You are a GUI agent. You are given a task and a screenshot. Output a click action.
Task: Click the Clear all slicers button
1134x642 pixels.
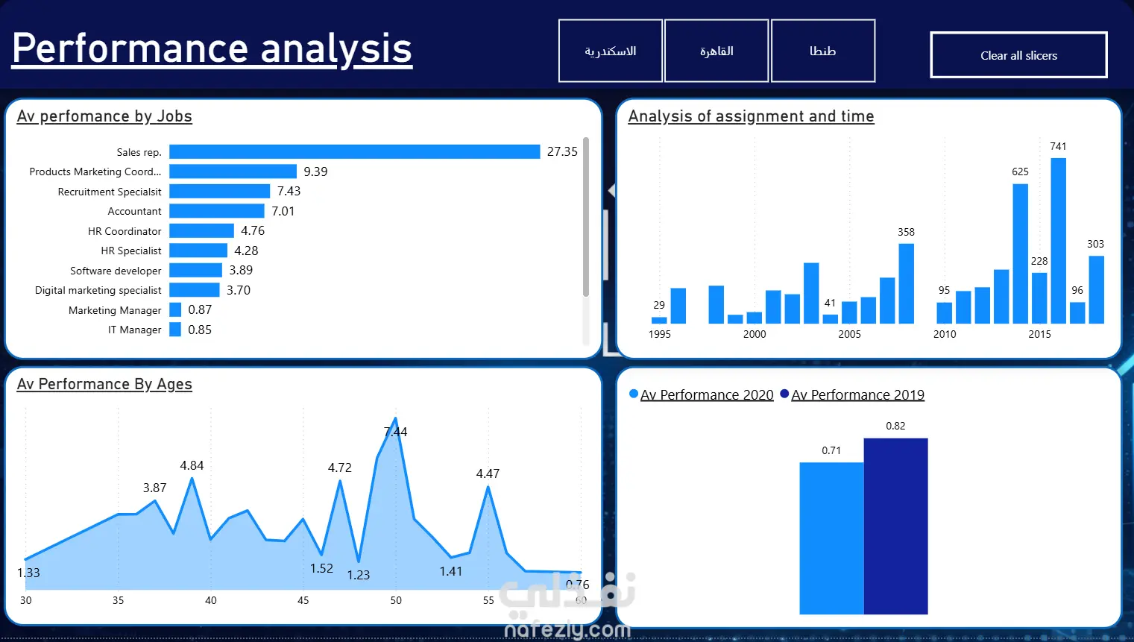click(x=1018, y=55)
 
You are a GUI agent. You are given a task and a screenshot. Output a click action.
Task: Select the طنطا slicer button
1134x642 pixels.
click(x=823, y=51)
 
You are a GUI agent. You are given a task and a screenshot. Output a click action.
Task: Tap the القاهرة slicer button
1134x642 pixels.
click(x=716, y=51)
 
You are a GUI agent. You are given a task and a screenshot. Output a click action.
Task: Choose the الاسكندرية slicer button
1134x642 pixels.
click(x=611, y=51)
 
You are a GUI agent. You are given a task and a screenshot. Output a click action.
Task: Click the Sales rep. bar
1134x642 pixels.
click(x=354, y=151)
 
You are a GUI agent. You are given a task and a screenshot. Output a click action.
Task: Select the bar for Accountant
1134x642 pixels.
click(x=217, y=210)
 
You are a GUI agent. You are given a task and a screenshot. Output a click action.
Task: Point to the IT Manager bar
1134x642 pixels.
click(x=175, y=330)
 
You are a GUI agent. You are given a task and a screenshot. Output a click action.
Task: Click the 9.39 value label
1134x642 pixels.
click(x=315, y=171)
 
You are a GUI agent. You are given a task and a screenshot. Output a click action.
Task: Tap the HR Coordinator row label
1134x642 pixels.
click(x=125, y=231)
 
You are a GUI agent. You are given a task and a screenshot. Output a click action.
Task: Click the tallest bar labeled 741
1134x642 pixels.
click(x=1058, y=241)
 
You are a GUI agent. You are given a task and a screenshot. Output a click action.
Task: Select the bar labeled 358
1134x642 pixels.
click(x=906, y=283)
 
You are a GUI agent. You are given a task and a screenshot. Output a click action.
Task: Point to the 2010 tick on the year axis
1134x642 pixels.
click(x=945, y=334)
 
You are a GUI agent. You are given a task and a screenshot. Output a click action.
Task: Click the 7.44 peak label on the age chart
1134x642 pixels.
click(x=395, y=432)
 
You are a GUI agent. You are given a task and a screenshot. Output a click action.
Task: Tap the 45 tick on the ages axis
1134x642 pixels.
click(x=303, y=600)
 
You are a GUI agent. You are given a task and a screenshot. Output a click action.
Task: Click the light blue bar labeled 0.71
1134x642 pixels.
click(x=832, y=538)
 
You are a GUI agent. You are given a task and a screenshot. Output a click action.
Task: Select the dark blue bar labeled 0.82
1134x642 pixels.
click(x=896, y=526)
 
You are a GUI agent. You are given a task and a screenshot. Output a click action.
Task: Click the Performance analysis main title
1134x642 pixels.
click(x=212, y=48)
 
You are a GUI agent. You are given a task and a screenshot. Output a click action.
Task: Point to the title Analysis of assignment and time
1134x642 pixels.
click(x=751, y=116)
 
